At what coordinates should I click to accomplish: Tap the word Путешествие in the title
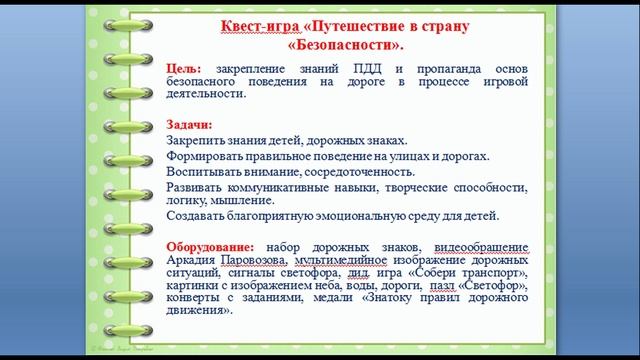[384, 27]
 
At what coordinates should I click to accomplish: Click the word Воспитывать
[204, 171]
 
